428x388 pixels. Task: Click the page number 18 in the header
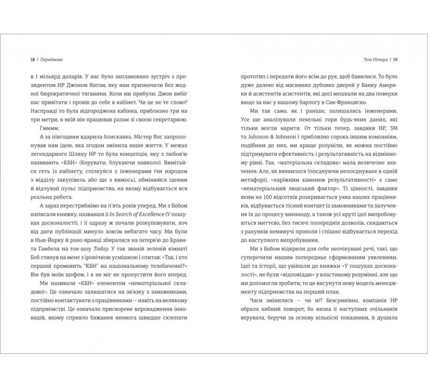pyautogui.click(x=32, y=60)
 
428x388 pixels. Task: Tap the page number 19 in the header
pyautogui.click(x=396, y=60)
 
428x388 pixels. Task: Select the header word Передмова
pyautogui.click(x=51, y=60)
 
